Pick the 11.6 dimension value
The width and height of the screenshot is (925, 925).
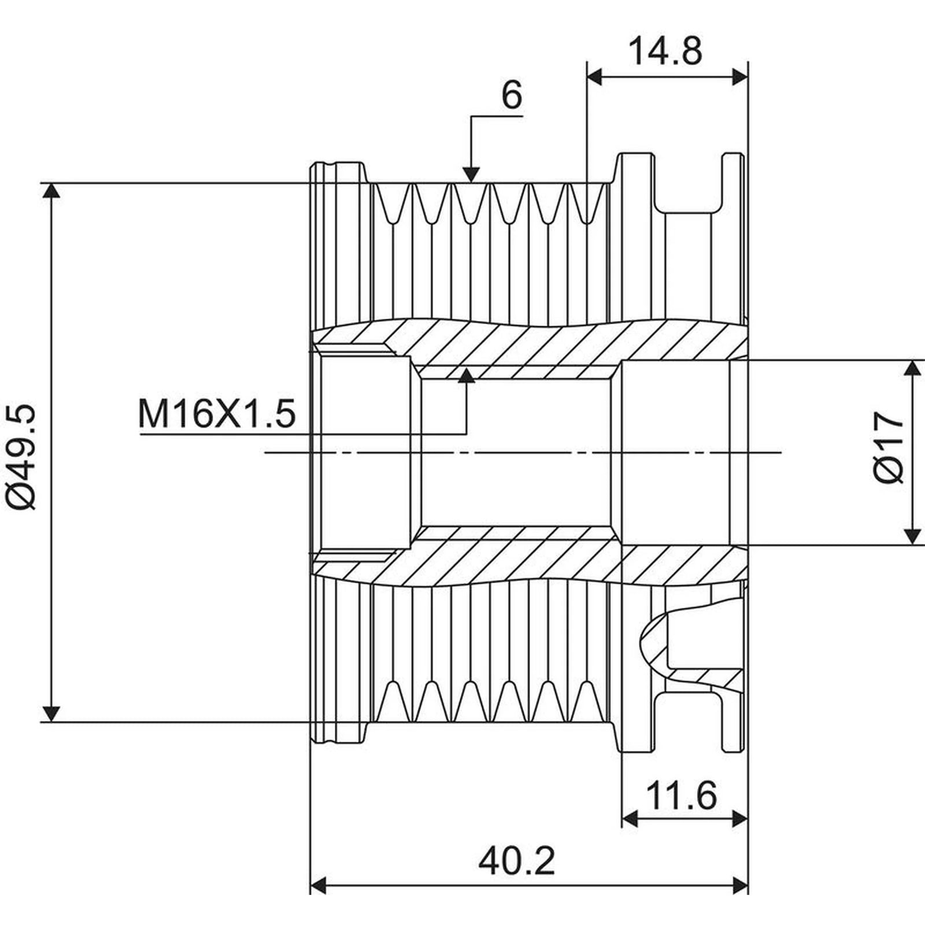pos(680,795)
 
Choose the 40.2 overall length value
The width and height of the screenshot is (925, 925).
pos(516,861)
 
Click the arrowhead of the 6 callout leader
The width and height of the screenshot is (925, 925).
pos(471,174)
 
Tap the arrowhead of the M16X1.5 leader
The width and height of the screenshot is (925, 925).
pos(466,375)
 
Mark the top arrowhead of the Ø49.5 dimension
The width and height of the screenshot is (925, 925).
pos(52,191)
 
